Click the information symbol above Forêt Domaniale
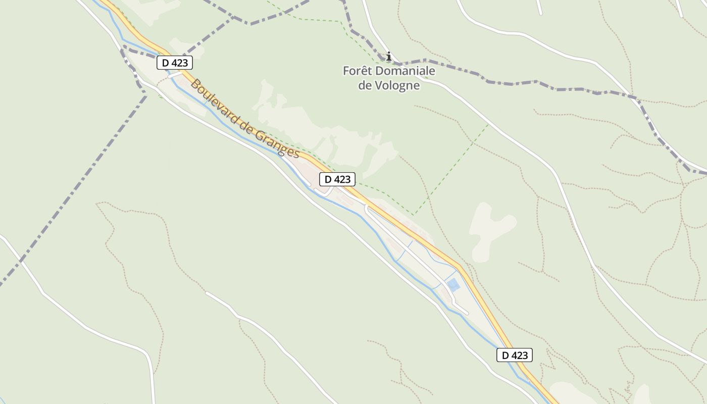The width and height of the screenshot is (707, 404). pos(388,56)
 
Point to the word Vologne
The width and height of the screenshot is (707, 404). pos(397,85)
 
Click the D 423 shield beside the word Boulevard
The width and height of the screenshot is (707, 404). pos(175,63)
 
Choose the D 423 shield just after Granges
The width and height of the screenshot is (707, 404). pos(337,179)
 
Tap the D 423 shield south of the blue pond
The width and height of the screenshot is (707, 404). pos(515,355)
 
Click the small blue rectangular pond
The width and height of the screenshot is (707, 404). pos(453,285)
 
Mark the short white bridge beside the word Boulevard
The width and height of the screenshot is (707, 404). pos(175,75)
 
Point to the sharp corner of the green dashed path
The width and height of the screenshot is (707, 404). pos(414,215)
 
